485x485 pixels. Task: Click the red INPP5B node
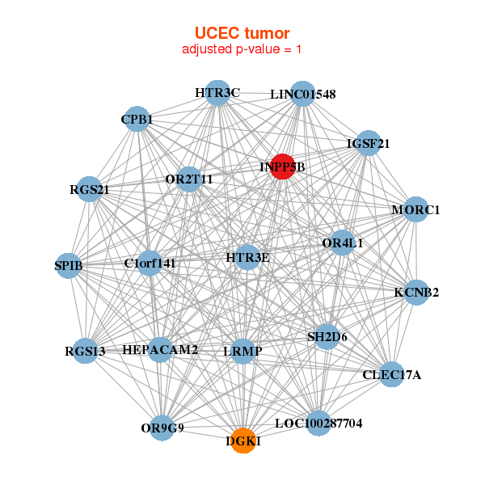tap(282, 167)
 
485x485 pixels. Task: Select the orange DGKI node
tap(243, 441)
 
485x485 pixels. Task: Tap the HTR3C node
tap(217, 93)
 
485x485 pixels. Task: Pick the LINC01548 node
tap(302, 94)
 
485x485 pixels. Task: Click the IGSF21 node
tap(369, 144)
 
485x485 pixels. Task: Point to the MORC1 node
tap(415, 210)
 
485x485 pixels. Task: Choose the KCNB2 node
tap(416, 292)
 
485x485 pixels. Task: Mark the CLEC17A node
tap(392, 374)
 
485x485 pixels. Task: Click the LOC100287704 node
tap(318, 423)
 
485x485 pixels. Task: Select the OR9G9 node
tap(163, 428)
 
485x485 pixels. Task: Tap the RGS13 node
tap(86, 351)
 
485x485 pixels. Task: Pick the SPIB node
tap(69, 265)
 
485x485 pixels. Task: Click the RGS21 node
tap(89, 190)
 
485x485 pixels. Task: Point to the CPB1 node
tap(137, 120)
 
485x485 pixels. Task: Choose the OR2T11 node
tap(189, 179)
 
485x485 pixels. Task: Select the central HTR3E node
tap(247, 258)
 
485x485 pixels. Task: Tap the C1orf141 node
tap(150, 263)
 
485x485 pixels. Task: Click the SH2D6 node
tap(327, 336)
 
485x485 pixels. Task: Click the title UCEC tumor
tap(242, 32)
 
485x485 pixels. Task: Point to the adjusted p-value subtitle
tap(242, 49)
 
